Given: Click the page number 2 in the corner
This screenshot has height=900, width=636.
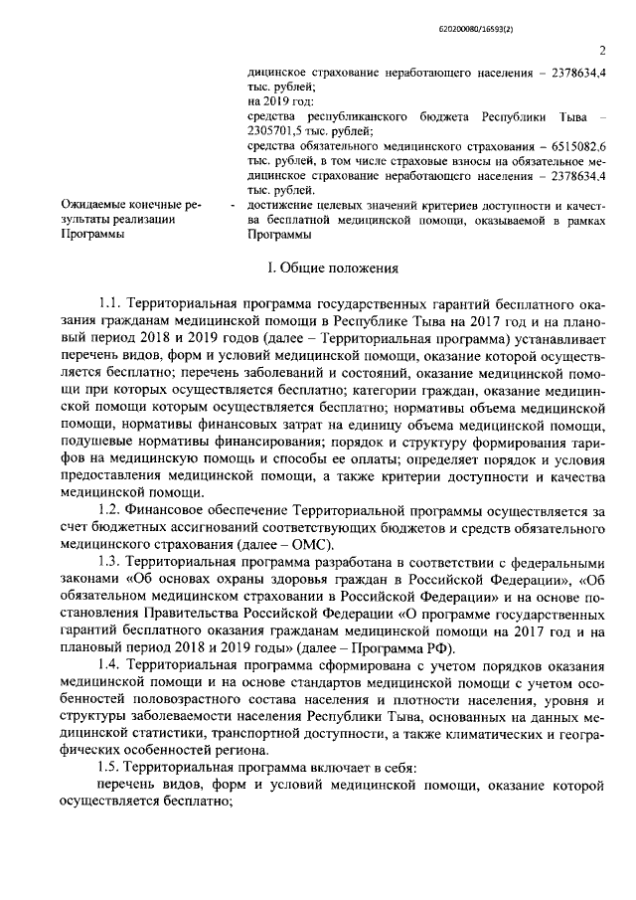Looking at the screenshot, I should coord(602,53).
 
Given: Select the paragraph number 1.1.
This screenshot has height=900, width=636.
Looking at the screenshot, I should coord(109,299).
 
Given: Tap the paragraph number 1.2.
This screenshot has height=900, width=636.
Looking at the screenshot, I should coord(109,510).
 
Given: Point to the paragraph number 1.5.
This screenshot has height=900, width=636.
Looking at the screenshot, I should coord(109,769).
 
